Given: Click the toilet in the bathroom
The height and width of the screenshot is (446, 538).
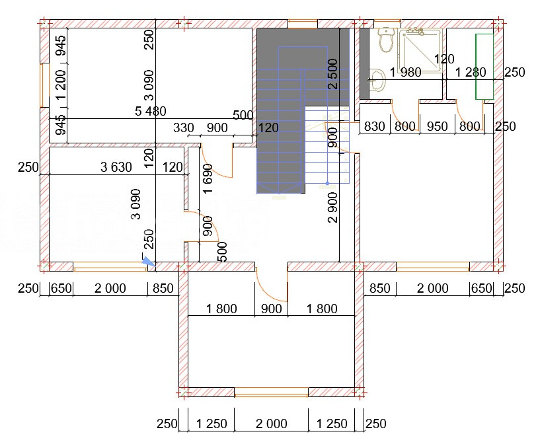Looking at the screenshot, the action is (x=386, y=40).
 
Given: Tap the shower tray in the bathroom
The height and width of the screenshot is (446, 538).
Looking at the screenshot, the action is (x=419, y=52).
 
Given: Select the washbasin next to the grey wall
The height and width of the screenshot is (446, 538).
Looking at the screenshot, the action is (x=378, y=80).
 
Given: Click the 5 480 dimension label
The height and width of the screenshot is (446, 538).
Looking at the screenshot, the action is (x=151, y=111).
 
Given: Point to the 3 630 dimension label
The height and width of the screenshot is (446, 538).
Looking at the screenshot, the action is (x=116, y=167).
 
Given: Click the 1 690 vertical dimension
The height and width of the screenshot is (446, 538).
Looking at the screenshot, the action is (x=208, y=179).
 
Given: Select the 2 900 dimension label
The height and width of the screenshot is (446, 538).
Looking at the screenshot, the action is (x=333, y=207).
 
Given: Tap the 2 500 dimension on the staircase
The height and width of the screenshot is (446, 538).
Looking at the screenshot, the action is (x=333, y=74).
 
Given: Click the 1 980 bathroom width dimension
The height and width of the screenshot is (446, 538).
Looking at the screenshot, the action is (x=406, y=73).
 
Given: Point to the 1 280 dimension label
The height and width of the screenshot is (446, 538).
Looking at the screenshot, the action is (x=471, y=73).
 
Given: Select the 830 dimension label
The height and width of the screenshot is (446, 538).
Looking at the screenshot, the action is (x=374, y=127).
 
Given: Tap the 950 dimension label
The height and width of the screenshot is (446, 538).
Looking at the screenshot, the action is (x=437, y=127).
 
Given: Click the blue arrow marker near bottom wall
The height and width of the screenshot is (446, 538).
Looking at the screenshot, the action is (x=149, y=262).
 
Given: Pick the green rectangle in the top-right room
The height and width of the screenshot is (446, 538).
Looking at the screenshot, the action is (x=484, y=67).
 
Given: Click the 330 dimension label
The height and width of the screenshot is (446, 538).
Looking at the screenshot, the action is (x=184, y=128).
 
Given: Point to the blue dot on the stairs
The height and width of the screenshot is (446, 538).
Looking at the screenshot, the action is (x=327, y=184).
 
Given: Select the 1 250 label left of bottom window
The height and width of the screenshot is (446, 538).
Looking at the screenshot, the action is (x=211, y=424).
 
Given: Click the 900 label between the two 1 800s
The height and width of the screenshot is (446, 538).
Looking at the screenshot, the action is (x=272, y=309).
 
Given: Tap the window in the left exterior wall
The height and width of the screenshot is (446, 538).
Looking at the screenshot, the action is (x=42, y=85).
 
